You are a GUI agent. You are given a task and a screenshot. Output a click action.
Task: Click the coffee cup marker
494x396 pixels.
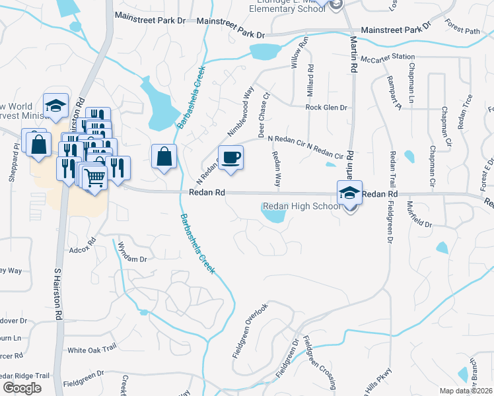click(230, 158)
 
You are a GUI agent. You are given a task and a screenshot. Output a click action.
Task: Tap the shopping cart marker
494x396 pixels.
click(95, 176)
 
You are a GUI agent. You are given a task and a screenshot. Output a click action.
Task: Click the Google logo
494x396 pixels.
click(22, 387)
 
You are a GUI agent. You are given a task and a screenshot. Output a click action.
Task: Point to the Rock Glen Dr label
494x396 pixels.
click(326, 107)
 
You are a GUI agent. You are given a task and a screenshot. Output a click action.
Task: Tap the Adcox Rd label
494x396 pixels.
click(83, 251)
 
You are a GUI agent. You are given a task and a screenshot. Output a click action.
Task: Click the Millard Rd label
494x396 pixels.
click(310, 81)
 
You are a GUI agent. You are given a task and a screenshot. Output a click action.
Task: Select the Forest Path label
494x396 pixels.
click(462, 30)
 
